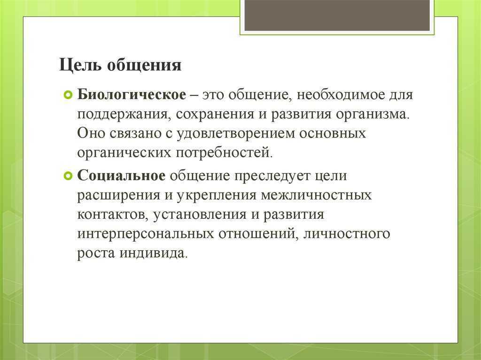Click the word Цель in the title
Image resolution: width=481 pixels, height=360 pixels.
(80, 65)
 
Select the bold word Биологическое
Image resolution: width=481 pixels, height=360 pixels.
(132, 94)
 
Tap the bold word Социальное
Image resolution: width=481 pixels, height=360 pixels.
(121, 176)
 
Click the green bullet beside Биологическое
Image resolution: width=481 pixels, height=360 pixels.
(68, 95)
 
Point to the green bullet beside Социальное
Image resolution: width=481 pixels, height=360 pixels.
(68, 176)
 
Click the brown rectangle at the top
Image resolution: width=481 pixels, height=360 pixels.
(337, 15)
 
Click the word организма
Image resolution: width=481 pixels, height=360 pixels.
(372, 115)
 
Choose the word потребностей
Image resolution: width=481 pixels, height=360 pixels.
(224, 153)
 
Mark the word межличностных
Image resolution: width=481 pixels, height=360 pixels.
(316, 196)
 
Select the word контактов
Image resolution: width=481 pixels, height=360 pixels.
(113, 215)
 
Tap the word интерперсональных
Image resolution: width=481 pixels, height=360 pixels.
(146, 234)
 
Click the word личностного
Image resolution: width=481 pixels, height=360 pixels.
(347, 234)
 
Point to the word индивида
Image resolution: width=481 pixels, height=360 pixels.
(153, 254)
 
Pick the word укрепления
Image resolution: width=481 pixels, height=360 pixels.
(216, 196)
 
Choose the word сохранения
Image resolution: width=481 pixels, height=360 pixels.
(215, 115)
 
